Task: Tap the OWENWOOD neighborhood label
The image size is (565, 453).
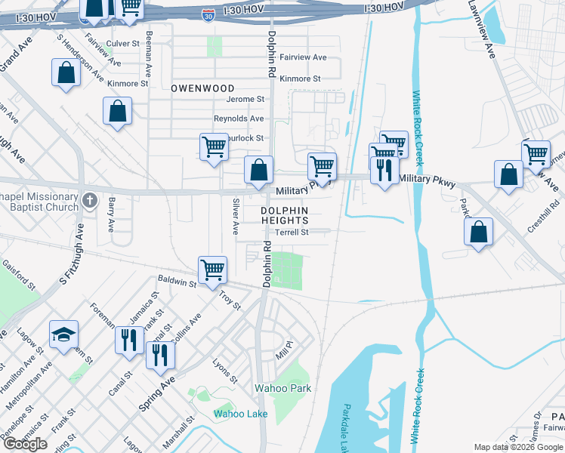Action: click(202, 88)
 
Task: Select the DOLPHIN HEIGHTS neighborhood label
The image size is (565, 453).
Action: click(285, 215)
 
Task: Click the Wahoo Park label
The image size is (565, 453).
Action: click(282, 388)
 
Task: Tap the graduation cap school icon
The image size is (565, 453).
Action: click(63, 333)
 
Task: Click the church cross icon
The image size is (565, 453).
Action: click(90, 200)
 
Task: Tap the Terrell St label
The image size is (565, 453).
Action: click(292, 233)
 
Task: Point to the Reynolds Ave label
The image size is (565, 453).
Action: click(239, 119)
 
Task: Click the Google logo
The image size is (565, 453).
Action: click(25, 444)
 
